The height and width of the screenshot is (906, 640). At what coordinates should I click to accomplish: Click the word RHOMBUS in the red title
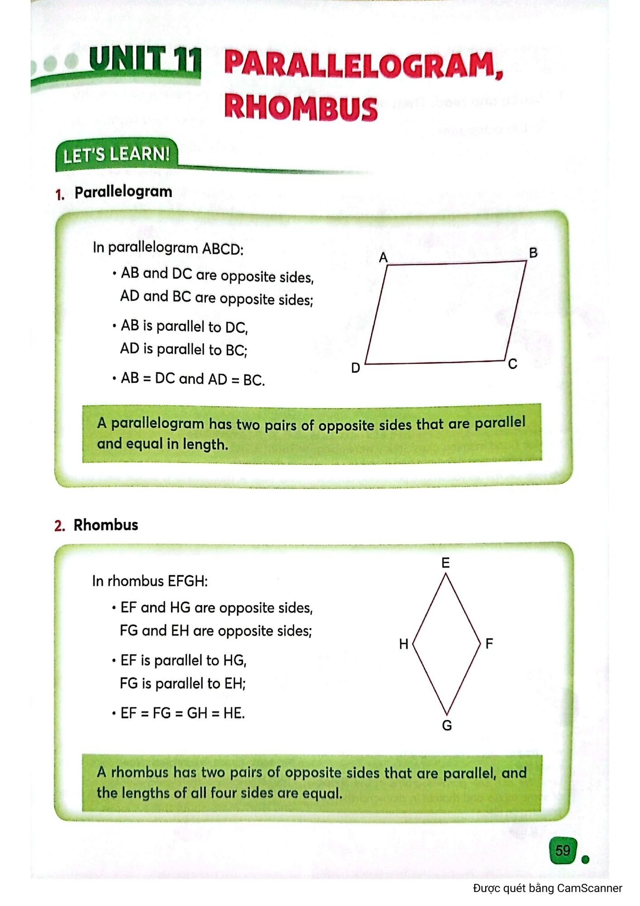pos(301,108)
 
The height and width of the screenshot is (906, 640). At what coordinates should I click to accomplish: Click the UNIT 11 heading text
pos(144,60)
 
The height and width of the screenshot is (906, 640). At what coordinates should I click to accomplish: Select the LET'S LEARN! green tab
pos(116,155)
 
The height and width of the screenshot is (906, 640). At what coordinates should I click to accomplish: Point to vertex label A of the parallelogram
pos(383,258)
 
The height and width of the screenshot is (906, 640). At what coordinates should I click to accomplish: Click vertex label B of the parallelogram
pos(533,253)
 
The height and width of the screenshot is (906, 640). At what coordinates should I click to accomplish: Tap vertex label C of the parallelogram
pos(512,364)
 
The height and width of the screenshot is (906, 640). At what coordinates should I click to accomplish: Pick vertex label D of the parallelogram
pos(356,368)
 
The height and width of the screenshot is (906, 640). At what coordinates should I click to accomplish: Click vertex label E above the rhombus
pos(445,563)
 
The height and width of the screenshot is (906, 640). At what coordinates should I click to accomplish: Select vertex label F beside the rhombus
pos(489,643)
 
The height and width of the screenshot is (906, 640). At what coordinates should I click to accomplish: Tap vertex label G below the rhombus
pos(447,726)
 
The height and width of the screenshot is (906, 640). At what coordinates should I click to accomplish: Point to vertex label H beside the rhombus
pos(404,644)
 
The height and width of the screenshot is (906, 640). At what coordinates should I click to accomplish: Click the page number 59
pos(563,850)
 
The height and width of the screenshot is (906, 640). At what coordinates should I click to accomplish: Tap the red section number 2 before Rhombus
pos(59,526)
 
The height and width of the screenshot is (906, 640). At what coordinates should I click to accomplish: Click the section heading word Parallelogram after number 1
pos(123,192)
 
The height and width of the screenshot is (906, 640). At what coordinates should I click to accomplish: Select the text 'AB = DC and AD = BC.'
pos(192,379)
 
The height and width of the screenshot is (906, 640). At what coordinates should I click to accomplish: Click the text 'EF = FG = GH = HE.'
pos(182,713)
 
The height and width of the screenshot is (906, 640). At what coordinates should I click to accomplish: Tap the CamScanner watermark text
pos(547,888)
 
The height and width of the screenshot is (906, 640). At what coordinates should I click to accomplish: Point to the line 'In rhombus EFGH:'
pos(150,581)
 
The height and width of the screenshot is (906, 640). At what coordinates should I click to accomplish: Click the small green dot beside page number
pos(585,859)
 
